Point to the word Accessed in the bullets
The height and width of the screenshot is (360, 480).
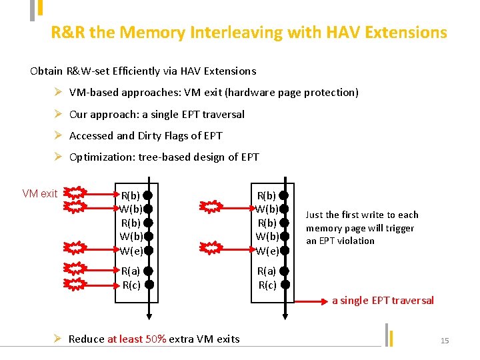pos(91,135)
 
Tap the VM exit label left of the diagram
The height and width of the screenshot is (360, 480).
pos(40,193)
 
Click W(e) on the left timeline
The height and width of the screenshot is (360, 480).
pos(131,251)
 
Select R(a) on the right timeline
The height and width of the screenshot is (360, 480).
pos(267,271)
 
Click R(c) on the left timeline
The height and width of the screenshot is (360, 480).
pos(131,284)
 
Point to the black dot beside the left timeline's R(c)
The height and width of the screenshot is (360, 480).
pos(149,284)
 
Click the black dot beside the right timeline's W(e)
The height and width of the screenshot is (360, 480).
pos(283,251)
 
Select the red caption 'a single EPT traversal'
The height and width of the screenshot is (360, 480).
pos(383,301)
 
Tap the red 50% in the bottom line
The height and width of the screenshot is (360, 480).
pos(155,339)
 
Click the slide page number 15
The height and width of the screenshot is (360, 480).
pos(445,341)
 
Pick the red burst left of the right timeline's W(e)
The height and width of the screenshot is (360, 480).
pos(210,249)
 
